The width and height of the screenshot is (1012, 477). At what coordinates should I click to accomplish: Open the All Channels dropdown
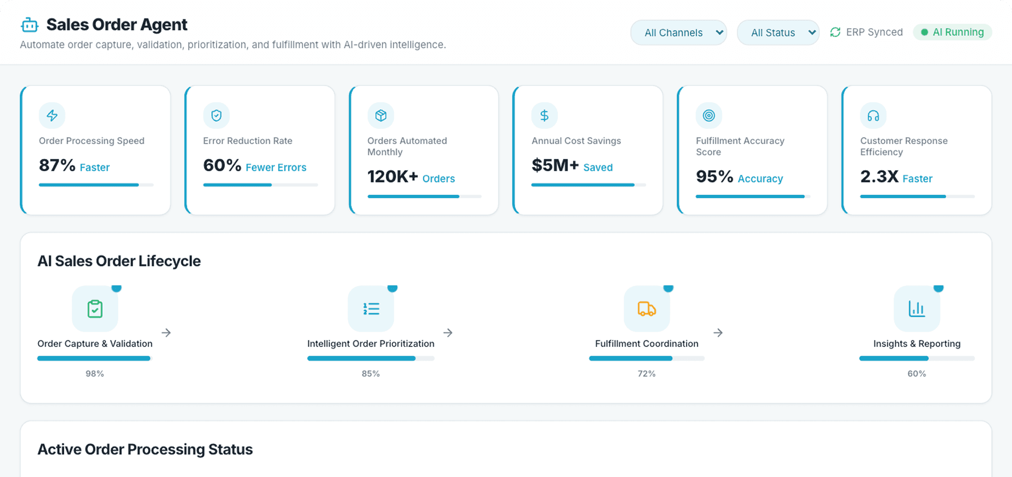pyautogui.click(x=678, y=33)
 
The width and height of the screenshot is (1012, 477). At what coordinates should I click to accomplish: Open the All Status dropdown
pyautogui.click(x=777, y=33)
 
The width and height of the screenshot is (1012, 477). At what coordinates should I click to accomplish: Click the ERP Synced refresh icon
pyautogui.click(x=835, y=32)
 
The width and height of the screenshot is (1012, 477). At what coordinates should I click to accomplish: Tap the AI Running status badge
pyautogui.click(x=952, y=32)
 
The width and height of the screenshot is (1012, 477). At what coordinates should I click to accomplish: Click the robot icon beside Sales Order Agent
pyautogui.click(x=29, y=25)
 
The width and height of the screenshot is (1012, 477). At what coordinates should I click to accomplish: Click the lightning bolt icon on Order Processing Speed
pyautogui.click(x=52, y=115)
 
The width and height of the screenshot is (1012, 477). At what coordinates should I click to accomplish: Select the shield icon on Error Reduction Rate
pyautogui.click(x=217, y=115)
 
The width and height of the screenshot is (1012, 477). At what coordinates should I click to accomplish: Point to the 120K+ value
pyautogui.click(x=392, y=177)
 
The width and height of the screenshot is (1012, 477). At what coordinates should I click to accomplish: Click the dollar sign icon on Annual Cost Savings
pyautogui.click(x=544, y=115)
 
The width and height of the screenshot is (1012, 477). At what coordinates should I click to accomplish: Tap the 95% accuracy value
pyautogui.click(x=714, y=177)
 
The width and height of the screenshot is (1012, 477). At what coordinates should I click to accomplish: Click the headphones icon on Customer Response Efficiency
pyautogui.click(x=873, y=115)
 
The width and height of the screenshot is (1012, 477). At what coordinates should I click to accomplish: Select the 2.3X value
pyautogui.click(x=879, y=177)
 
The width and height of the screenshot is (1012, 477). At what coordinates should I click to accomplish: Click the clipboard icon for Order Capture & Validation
pyautogui.click(x=95, y=309)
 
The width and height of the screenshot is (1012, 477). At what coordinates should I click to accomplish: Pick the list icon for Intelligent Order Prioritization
pyautogui.click(x=371, y=309)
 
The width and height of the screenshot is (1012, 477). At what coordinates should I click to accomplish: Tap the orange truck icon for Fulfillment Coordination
pyautogui.click(x=646, y=309)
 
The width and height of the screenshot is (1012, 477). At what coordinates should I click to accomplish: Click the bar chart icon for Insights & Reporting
pyautogui.click(x=917, y=309)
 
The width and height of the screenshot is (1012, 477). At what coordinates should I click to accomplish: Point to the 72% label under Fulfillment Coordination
pyautogui.click(x=646, y=374)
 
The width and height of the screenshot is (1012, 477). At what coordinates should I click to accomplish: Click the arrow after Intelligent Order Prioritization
pyautogui.click(x=448, y=332)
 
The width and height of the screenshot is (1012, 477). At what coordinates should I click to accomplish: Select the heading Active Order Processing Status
pyautogui.click(x=145, y=449)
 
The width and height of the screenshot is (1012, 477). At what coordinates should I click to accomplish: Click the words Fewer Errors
pyautogui.click(x=276, y=168)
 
